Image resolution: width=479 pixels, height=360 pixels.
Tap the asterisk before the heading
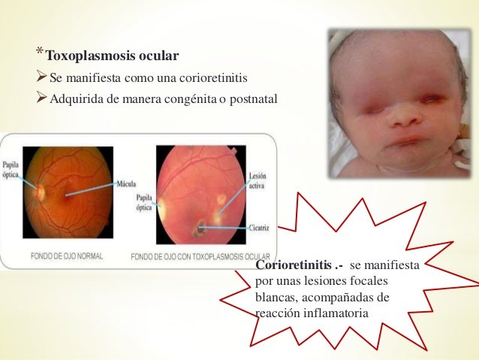coord(39,53)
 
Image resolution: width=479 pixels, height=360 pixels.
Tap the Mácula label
coord(125,183)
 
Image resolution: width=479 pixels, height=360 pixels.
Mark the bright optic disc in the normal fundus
coord(40,192)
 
